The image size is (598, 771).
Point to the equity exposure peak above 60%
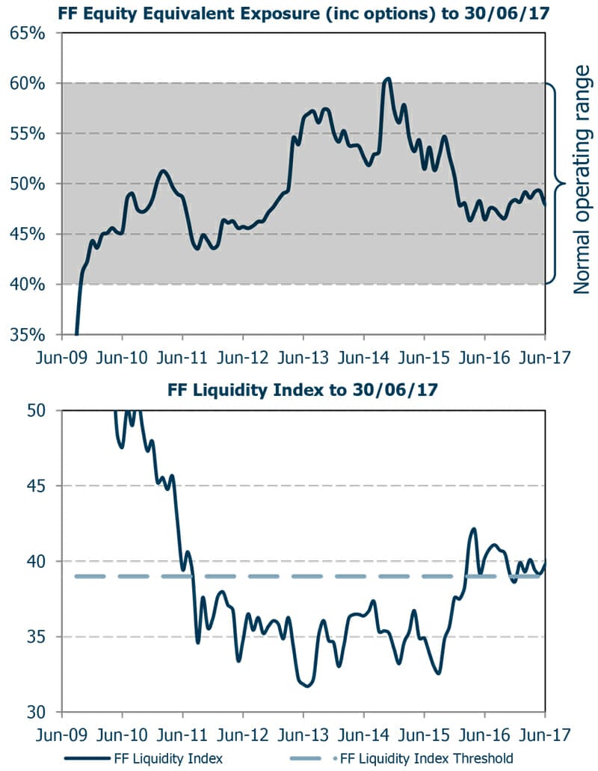click(387, 78)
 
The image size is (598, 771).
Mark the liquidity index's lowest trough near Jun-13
click(307, 686)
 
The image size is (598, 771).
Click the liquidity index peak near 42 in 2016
click(473, 529)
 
